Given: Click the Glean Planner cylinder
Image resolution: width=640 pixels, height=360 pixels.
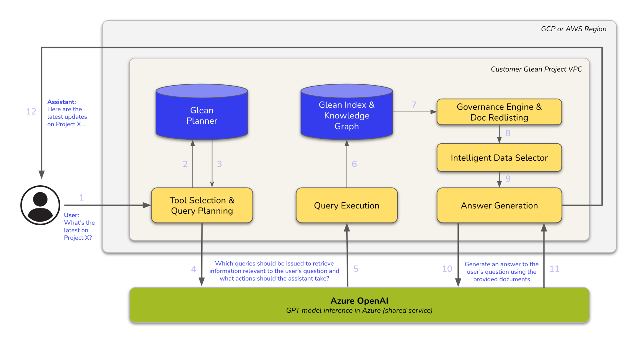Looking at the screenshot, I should tap(202, 115).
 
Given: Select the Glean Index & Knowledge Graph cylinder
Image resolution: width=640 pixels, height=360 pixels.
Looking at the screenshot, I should tap(347, 115).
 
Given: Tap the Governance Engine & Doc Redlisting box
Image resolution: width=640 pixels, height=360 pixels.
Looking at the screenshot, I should tap(499, 112).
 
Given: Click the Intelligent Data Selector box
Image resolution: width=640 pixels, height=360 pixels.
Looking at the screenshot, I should tap(499, 157).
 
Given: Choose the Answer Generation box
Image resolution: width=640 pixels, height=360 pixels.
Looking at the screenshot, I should tap(499, 205).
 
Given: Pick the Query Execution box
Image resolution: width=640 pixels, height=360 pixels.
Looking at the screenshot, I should tap(347, 205).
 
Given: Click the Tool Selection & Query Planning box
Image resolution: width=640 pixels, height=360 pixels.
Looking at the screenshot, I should tap(202, 205).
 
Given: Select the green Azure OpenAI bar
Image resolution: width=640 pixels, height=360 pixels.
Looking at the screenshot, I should tap(359, 305).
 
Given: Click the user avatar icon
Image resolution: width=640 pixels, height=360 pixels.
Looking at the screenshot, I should tap(40, 205).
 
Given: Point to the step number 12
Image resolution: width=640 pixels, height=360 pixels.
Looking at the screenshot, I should tap(31, 112).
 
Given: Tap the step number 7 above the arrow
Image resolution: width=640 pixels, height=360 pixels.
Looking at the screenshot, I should tap(414, 104).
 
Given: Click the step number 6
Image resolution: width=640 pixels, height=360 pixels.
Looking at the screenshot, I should tap(354, 164).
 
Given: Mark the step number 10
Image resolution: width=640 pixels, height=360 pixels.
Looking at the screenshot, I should tap(447, 269).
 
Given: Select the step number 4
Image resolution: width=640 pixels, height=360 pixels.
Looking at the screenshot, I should tap(193, 269).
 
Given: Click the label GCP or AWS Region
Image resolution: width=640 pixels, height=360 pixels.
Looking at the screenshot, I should tap(573, 29).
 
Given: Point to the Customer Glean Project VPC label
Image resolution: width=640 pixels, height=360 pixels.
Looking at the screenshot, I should tap(536, 69).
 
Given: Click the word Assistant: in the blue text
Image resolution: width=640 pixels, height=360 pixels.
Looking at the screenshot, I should tap(62, 102).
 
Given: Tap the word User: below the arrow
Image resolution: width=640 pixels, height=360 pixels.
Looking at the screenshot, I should tap(72, 215).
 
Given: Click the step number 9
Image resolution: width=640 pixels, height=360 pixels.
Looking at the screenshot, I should tap(508, 178).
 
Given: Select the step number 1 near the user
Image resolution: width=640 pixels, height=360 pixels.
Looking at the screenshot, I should tap(82, 197).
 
